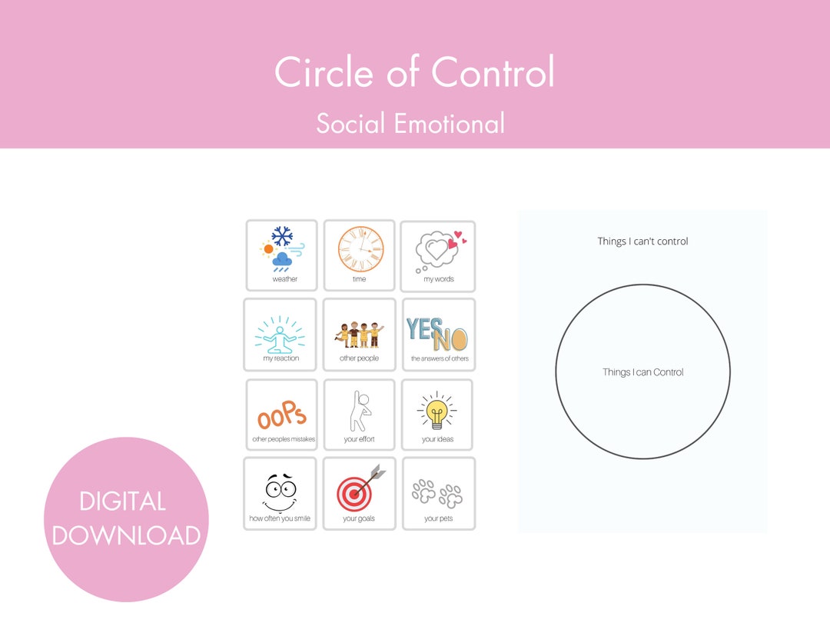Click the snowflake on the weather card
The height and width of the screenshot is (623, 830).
tap(283, 235)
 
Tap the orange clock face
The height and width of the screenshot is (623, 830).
tap(360, 249)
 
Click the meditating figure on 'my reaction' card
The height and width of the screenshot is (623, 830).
tap(280, 335)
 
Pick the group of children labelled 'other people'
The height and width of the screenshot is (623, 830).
tap(359, 332)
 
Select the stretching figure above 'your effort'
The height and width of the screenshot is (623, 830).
tap(359, 411)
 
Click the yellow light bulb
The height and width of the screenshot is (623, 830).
tap(437, 411)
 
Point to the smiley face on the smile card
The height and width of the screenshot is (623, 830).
tap(281, 492)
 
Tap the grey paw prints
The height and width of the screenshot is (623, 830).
tap(438, 493)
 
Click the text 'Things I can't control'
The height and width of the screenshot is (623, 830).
tap(642, 242)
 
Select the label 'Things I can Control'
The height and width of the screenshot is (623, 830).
tap(642, 372)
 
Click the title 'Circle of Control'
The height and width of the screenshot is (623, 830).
tap(414, 73)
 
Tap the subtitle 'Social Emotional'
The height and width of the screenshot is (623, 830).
tap(410, 123)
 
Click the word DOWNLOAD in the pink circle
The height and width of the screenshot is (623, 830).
tap(126, 535)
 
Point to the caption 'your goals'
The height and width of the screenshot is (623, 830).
tap(359, 519)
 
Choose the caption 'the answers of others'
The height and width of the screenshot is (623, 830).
tap(439, 359)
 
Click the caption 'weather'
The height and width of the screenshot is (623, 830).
tap(284, 279)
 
